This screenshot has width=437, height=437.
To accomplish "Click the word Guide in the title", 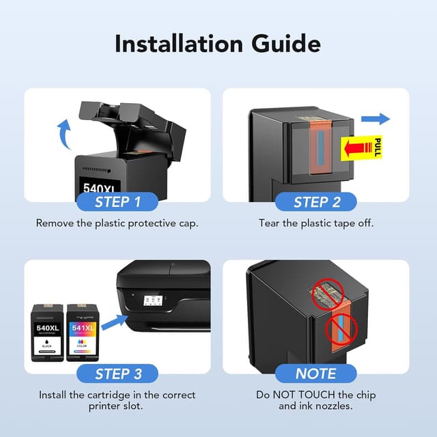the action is [286, 44].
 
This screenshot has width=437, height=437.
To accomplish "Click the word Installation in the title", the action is [179, 44].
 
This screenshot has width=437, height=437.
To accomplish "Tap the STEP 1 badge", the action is [117, 202].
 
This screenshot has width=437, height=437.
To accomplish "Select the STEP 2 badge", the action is [316, 202].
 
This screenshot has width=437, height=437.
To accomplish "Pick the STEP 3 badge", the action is [117, 373].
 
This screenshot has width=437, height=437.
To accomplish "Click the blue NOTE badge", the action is [316, 373].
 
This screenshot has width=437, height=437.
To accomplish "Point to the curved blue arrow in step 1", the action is [64, 134].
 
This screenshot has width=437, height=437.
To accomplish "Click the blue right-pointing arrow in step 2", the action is [376, 119].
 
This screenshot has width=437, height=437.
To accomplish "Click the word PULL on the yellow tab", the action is [378, 147].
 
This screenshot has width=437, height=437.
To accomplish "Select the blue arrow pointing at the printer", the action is [114, 322].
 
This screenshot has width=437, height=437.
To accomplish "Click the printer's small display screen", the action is [152, 300].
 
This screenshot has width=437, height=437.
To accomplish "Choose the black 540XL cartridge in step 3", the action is [47, 333].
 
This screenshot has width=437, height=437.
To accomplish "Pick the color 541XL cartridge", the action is [83, 333].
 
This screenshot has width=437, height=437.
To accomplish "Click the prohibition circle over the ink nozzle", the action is [341, 329].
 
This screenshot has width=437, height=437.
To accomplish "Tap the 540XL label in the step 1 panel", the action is [100, 188].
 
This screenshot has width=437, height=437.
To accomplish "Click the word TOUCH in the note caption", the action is [316, 395].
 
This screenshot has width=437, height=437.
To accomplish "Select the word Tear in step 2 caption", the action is [269, 223].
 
